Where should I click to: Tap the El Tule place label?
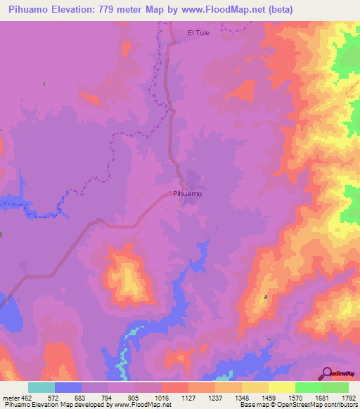(199, 32)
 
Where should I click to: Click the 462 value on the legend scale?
(27, 397)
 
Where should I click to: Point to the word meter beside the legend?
(10, 397)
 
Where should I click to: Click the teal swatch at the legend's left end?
(41, 387)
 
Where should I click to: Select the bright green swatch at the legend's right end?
(335, 387)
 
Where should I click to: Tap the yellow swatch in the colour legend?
(282, 387)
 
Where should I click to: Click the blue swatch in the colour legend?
(68, 387)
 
